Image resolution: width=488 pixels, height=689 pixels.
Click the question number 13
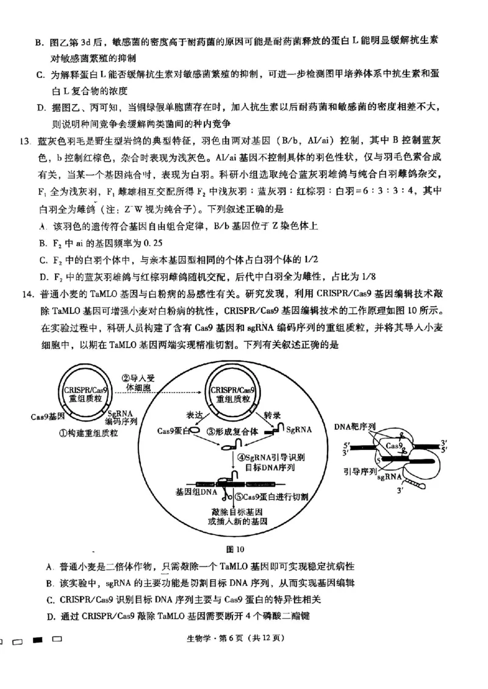click(x=24, y=142)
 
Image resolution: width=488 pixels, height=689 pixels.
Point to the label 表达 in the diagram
click(x=195, y=414)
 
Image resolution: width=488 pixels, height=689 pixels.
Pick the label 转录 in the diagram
click(x=272, y=414)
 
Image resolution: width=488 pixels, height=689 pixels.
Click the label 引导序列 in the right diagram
click(x=358, y=471)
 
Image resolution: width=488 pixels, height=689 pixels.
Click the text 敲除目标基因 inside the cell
click(x=237, y=511)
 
